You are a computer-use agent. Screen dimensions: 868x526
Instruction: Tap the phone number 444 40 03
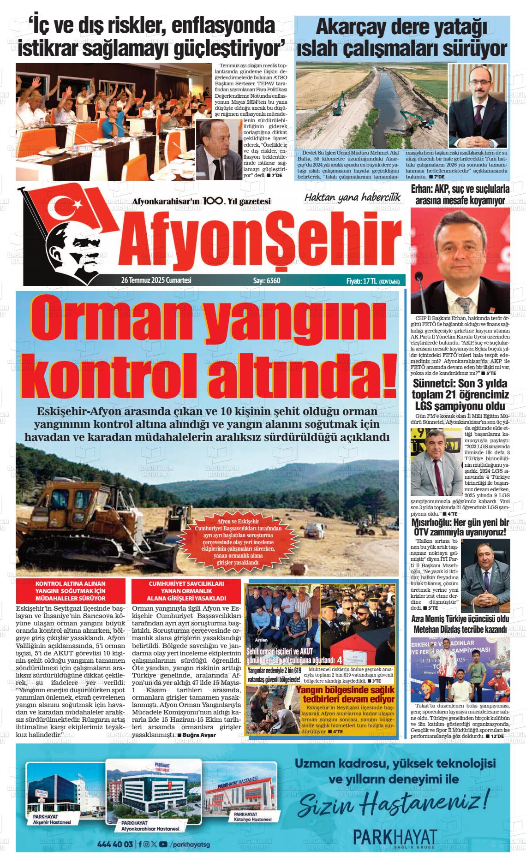pyautogui.click(x=115, y=844)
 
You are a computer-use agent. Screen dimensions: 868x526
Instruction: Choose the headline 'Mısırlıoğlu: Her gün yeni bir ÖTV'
pyautogui.click(x=460, y=527)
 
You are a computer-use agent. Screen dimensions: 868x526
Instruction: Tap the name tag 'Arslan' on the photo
pyautogui.click(x=261, y=641)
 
